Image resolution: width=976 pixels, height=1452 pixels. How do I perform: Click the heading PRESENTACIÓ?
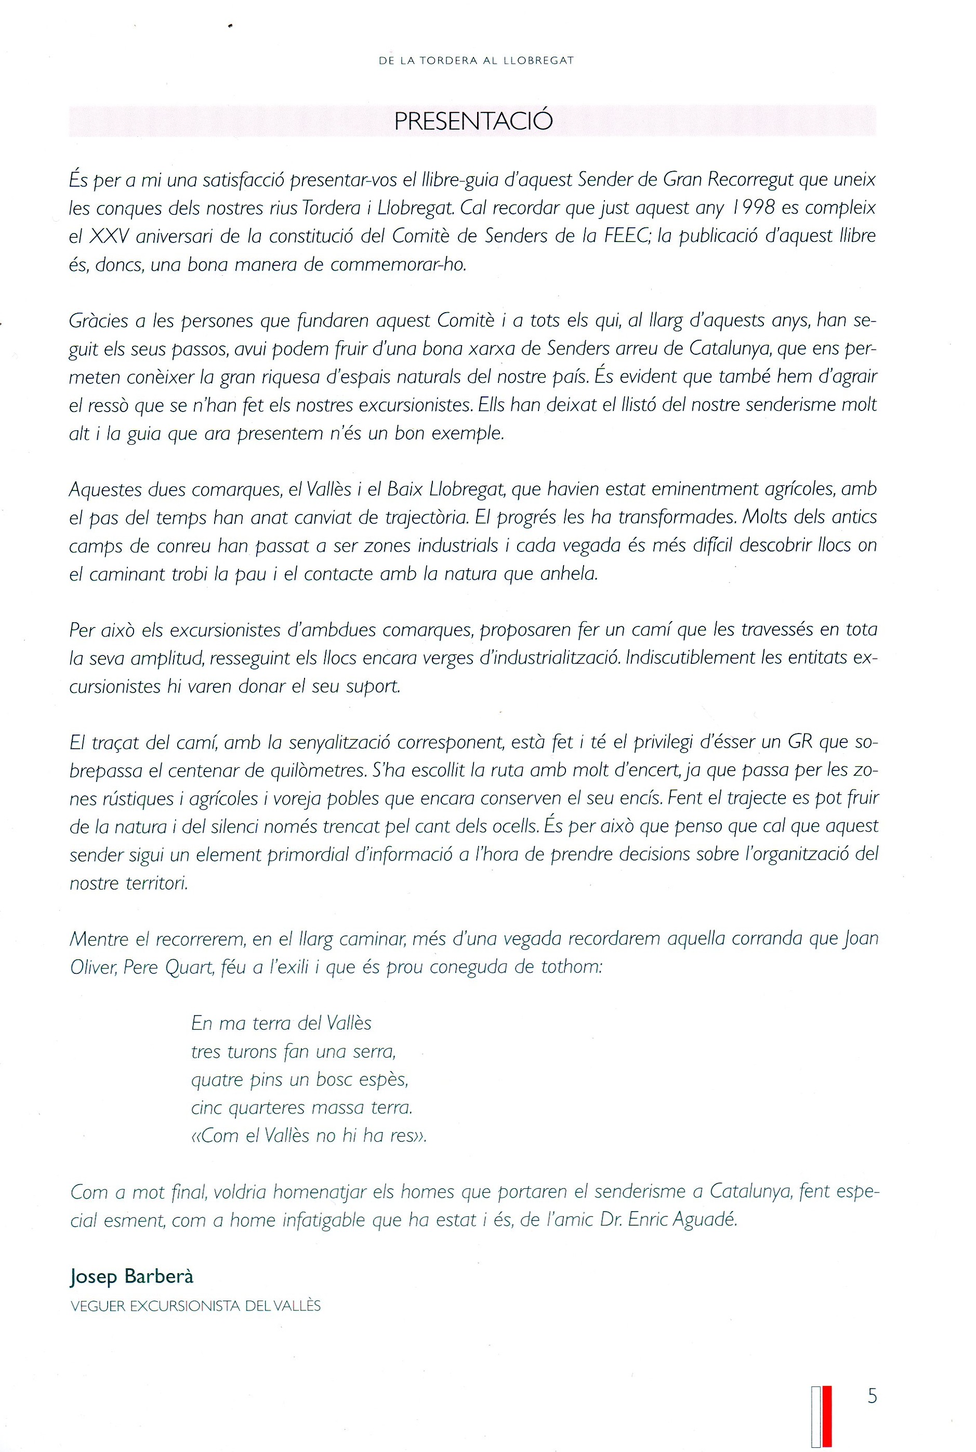coord(473,121)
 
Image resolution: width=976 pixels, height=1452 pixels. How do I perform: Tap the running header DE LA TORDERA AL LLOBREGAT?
coord(476,61)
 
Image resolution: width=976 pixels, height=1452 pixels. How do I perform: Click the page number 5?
coord(872,1396)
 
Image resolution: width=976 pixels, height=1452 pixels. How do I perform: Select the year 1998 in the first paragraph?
coord(755,208)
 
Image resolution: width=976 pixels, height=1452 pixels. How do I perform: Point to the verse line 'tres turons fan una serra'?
coord(293,1051)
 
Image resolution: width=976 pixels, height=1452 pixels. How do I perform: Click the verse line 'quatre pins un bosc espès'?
coord(299,1080)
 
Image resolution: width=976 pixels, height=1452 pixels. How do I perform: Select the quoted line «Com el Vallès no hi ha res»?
coord(309,1136)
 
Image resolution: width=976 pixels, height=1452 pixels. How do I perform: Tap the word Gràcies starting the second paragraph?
coord(98,322)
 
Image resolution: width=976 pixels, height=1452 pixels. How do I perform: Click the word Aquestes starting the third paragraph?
coord(104,490)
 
